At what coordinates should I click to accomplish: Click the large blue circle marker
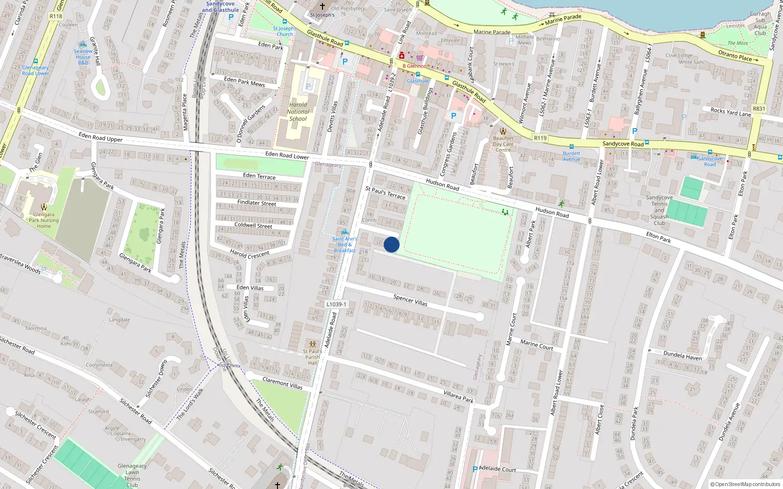[391, 244]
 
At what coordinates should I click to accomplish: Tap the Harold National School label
[298, 111]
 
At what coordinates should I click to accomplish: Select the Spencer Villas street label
[410, 300]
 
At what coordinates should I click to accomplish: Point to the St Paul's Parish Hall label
[313, 357]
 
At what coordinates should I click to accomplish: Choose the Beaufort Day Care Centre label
[503, 144]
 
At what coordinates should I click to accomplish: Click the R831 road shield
[759, 109]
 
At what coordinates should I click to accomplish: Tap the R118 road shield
[56, 16]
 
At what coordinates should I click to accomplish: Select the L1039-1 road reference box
[336, 304]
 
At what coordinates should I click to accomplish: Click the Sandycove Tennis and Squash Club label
[659, 210]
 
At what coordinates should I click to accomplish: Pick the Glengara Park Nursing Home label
[44, 220]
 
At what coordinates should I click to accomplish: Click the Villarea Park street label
[459, 397]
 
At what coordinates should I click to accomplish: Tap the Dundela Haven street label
[682, 356]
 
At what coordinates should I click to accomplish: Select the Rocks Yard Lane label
[731, 112]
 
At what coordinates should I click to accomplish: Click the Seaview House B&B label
[83, 57]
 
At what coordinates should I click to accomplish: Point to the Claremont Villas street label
[282, 383]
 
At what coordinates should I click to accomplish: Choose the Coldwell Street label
[253, 225]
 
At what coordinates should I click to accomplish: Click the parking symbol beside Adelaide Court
[475, 469]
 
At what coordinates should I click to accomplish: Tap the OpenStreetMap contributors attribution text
[745, 485]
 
